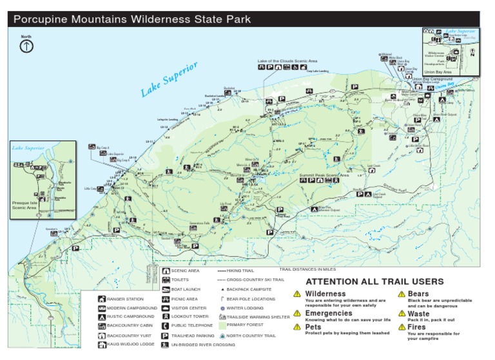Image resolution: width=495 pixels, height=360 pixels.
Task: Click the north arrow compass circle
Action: (26, 46)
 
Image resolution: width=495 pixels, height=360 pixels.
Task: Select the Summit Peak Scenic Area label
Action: (324, 175)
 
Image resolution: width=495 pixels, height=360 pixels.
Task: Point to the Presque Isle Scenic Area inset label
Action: (26, 205)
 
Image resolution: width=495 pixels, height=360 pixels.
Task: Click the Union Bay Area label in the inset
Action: (438, 71)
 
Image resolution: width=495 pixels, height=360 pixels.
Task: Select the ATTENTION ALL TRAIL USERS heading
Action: (374, 281)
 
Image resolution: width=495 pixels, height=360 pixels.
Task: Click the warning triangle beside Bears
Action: (401, 294)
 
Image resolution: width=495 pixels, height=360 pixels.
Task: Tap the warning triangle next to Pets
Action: (297, 327)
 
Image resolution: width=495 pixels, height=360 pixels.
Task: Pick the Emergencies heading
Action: (329, 313)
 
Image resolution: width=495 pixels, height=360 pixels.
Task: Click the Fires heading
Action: (416, 327)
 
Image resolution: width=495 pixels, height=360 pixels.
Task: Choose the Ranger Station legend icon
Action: (102, 299)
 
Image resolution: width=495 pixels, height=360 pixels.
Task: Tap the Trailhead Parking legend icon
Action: (165, 336)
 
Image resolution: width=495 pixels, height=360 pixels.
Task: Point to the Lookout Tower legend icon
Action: (165, 317)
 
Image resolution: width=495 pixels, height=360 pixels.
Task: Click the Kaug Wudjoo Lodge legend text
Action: (131, 345)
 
